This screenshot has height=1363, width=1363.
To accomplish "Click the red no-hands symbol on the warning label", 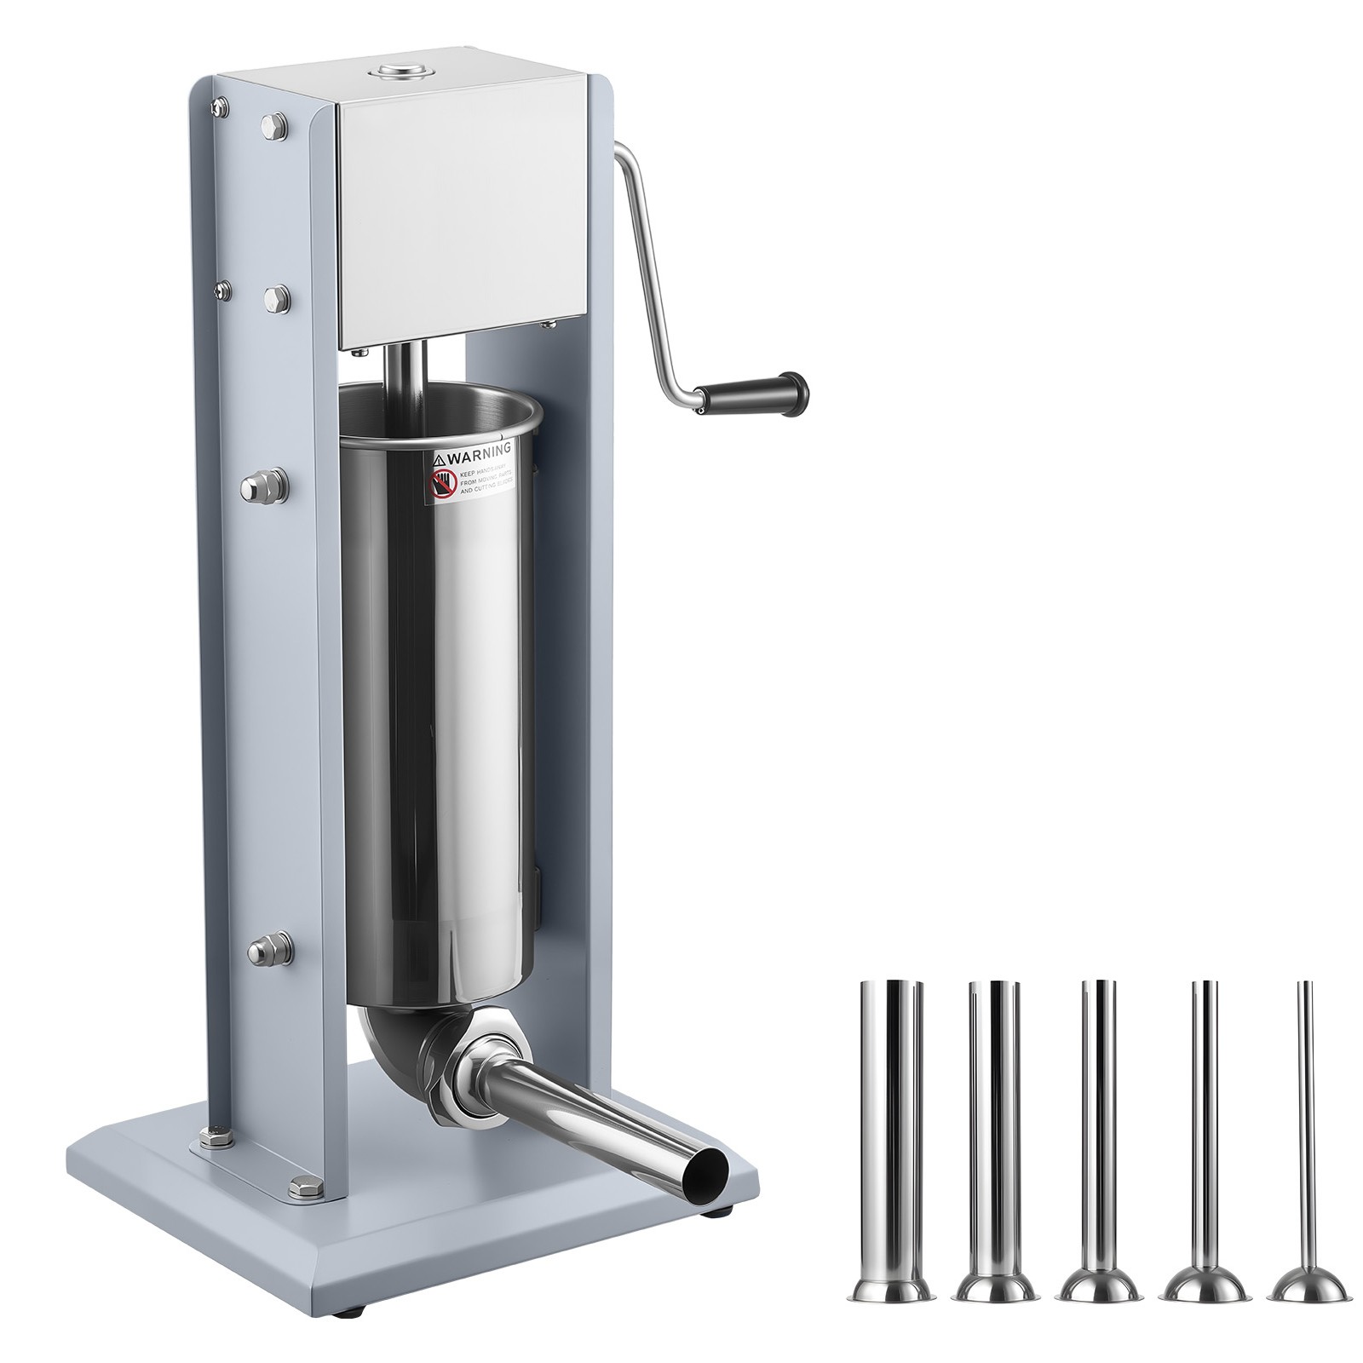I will point(440,483).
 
